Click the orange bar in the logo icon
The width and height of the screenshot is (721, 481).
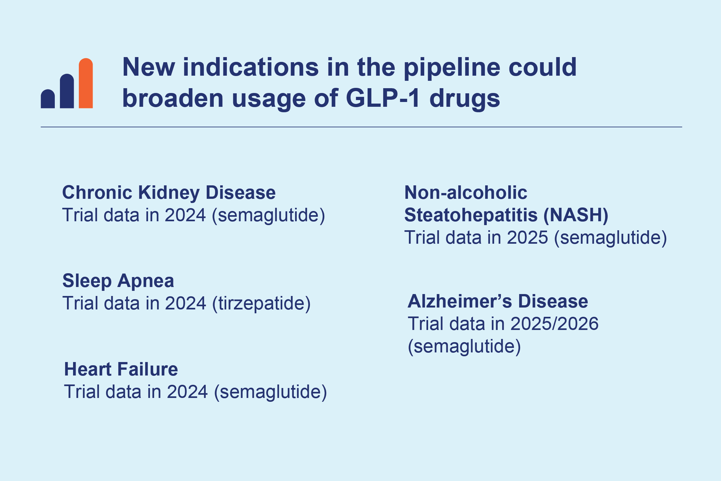coord(86,83)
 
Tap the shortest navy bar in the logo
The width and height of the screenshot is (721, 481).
coord(48,99)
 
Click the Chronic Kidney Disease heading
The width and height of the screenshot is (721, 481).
coord(169,193)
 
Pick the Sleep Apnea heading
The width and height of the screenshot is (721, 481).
coord(118,281)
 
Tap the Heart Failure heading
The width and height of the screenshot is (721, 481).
coord(121,369)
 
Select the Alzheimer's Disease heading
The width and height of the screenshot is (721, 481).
coord(498,301)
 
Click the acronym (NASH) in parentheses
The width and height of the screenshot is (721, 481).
coord(576,215)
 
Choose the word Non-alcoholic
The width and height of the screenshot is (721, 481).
coord(466,192)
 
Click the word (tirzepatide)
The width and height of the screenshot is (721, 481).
coord(261,304)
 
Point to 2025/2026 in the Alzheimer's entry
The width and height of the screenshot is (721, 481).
coord(554,324)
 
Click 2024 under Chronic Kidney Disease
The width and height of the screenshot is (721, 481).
coord(185,215)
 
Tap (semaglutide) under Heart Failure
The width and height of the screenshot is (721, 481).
coord(270,392)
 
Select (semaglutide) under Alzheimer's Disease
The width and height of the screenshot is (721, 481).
coord(464,347)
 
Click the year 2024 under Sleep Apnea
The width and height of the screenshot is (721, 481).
coord(186,304)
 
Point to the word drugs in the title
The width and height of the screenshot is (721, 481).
coord(465,99)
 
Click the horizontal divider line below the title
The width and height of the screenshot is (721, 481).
coord(361,127)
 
